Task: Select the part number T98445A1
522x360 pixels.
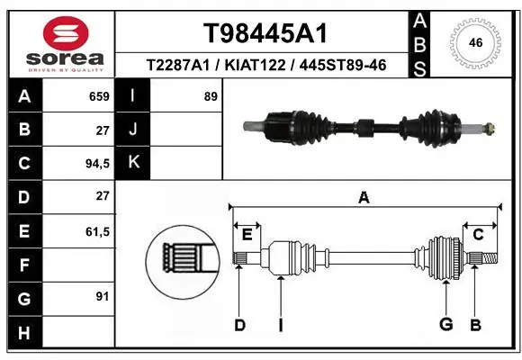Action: click(265, 34)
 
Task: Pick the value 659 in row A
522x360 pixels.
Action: click(99, 96)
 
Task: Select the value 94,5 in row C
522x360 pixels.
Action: click(96, 163)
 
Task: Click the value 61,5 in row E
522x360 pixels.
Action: click(96, 231)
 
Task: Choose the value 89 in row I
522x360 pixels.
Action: click(210, 96)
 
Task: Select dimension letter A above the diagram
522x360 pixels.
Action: click(364, 197)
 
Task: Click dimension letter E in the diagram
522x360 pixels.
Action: click(247, 234)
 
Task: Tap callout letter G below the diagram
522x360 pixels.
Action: click(445, 324)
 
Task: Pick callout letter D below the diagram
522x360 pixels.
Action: click(239, 324)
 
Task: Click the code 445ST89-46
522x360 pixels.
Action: click(345, 65)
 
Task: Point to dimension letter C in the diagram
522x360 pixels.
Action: click(479, 234)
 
